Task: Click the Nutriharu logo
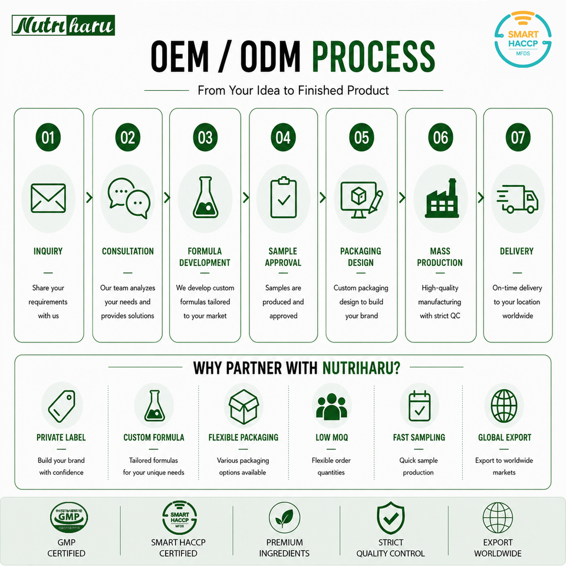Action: [63, 25]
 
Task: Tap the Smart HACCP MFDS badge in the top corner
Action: [523, 39]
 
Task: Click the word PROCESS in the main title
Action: [374, 57]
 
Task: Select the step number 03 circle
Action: [205, 137]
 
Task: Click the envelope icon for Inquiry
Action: [48, 198]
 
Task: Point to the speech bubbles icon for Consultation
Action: [129, 198]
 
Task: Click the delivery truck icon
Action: [517, 199]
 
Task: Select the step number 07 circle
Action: [518, 137]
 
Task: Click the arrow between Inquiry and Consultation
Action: [89, 198]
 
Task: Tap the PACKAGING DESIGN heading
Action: [361, 256]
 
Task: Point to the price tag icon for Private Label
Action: [62, 406]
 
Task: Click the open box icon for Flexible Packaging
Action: [244, 406]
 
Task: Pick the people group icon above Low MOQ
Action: [331, 407]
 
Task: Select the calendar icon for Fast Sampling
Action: [419, 406]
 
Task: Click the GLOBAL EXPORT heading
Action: [505, 437]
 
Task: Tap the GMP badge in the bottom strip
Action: [69, 517]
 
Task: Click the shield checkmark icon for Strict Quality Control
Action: [390, 518]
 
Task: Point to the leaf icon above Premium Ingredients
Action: [284, 518]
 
